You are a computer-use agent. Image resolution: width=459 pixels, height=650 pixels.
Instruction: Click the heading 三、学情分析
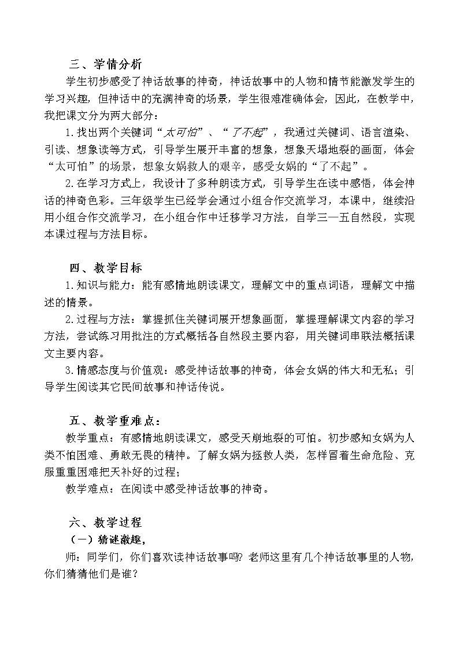tap(105, 64)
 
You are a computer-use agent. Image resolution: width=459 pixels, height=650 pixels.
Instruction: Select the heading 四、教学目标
tap(105, 268)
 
